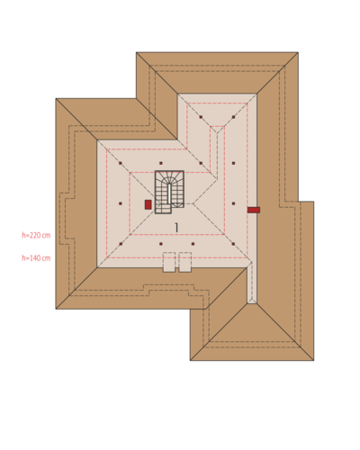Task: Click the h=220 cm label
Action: pyautogui.click(x=36, y=235)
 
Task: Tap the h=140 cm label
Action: pyautogui.click(x=36, y=258)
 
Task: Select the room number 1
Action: pyautogui.click(x=176, y=228)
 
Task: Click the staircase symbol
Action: pyautogui.click(x=169, y=192)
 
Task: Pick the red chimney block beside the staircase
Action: pyautogui.click(x=148, y=204)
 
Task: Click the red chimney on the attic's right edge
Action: pyautogui.click(x=254, y=210)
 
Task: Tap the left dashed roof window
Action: pyautogui.click(x=169, y=262)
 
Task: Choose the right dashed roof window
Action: pyautogui.click(x=185, y=262)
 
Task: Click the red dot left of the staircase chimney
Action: pyautogui.click(x=121, y=203)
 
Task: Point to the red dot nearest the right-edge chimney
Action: pyautogui.click(x=233, y=203)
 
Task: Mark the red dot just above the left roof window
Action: pyautogui.click(x=161, y=244)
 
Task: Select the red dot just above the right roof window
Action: pyautogui.click(x=193, y=244)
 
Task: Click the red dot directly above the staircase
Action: pyautogui.click(x=161, y=163)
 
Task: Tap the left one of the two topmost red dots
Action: pyautogui.click(x=201, y=117)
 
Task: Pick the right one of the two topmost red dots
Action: pyautogui.click(x=233, y=117)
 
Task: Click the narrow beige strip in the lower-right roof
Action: pyautogui.click(x=252, y=283)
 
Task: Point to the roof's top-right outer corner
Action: pyautogui.click(x=298, y=52)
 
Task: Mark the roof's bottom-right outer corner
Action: pyautogui.click(x=314, y=360)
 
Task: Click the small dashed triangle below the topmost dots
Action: pyautogui.click(x=218, y=129)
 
